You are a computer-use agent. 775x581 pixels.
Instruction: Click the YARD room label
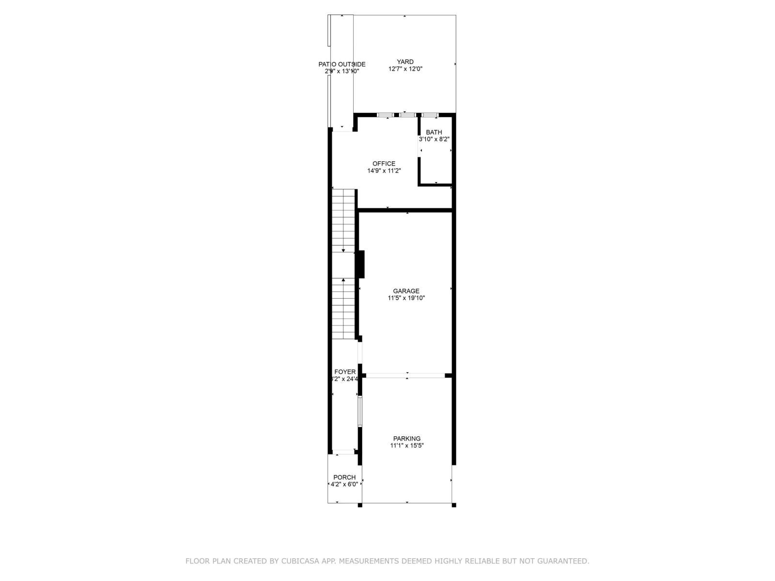(x=405, y=61)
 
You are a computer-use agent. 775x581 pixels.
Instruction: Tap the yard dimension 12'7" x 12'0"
(x=405, y=69)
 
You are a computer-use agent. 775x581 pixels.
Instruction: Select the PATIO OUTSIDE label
(x=341, y=64)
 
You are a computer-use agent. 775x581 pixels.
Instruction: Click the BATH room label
(x=434, y=132)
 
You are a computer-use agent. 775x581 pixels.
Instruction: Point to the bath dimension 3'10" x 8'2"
(x=434, y=139)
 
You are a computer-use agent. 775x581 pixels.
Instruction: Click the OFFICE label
(x=384, y=164)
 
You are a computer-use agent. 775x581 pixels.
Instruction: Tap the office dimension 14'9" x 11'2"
(x=384, y=170)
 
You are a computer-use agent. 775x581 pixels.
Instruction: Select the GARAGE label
(x=406, y=291)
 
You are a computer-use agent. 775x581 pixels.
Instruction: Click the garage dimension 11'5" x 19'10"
(x=406, y=298)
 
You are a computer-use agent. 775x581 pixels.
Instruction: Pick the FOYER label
(x=345, y=372)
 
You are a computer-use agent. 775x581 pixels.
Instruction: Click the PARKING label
(x=407, y=439)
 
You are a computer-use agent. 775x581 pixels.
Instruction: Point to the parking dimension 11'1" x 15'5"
(x=407, y=445)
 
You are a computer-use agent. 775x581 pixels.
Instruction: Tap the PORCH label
(x=344, y=477)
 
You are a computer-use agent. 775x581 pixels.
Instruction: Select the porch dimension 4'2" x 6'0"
(x=344, y=484)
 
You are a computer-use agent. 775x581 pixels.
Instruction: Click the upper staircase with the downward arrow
(x=343, y=220)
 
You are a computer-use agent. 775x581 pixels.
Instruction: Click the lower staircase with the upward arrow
(x=343, y=309)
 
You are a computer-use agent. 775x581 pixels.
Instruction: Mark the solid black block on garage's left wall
(x=361, y=264)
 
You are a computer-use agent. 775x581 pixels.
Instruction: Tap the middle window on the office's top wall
(x=407, y=115)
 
